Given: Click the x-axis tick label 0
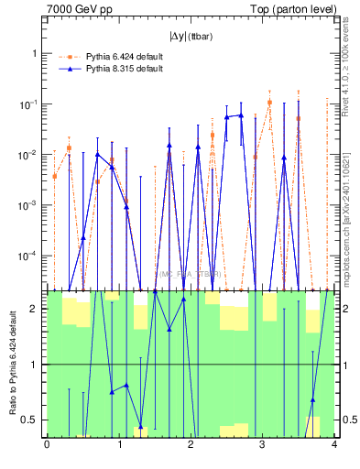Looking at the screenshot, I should pos(47,445).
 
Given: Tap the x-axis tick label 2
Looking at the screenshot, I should pos(191,445).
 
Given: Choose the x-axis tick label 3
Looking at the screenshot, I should pos(262,445).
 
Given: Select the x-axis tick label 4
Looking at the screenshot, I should pos(333,445).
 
